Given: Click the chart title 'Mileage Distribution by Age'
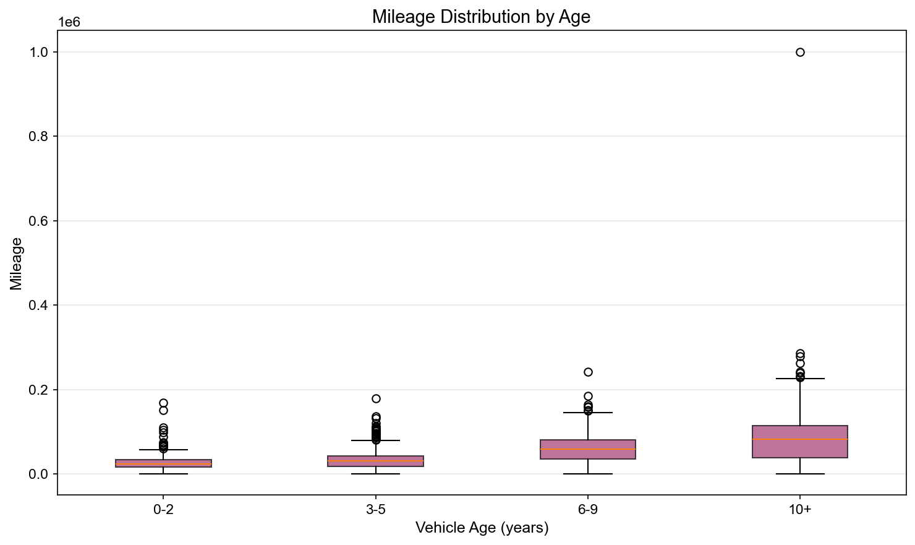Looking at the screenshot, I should coord(481,17).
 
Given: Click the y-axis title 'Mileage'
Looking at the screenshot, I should coord(16,264).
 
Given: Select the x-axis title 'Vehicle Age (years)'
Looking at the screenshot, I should coord(482,528).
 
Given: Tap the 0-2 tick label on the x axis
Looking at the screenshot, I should coord(163,510).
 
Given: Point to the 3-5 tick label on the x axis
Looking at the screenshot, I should coord(375,510).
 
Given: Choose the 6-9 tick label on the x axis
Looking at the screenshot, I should coord(587,510).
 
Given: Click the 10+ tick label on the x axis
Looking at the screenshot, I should coord(799,510).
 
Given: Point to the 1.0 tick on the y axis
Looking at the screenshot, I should coord(39,52).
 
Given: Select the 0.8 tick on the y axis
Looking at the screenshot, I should coord(39,137).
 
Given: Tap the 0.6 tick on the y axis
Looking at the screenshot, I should coord(39,221).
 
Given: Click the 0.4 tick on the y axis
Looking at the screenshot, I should coord(39,306).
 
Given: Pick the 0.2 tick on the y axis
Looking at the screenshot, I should coord(39,390).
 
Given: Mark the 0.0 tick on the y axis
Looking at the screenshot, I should coord(39,474).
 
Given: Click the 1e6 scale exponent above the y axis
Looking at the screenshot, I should coord(69,23).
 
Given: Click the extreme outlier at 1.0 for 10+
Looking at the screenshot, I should coord(800,52).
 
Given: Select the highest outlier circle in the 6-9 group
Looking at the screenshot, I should coord(588,372).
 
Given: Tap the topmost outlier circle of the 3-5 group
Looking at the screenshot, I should coord(376,398).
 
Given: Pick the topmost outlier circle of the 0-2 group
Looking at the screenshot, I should coord(163,403).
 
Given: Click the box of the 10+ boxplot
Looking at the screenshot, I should coord(800,442).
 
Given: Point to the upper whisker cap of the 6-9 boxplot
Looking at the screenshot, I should coord(588,412).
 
